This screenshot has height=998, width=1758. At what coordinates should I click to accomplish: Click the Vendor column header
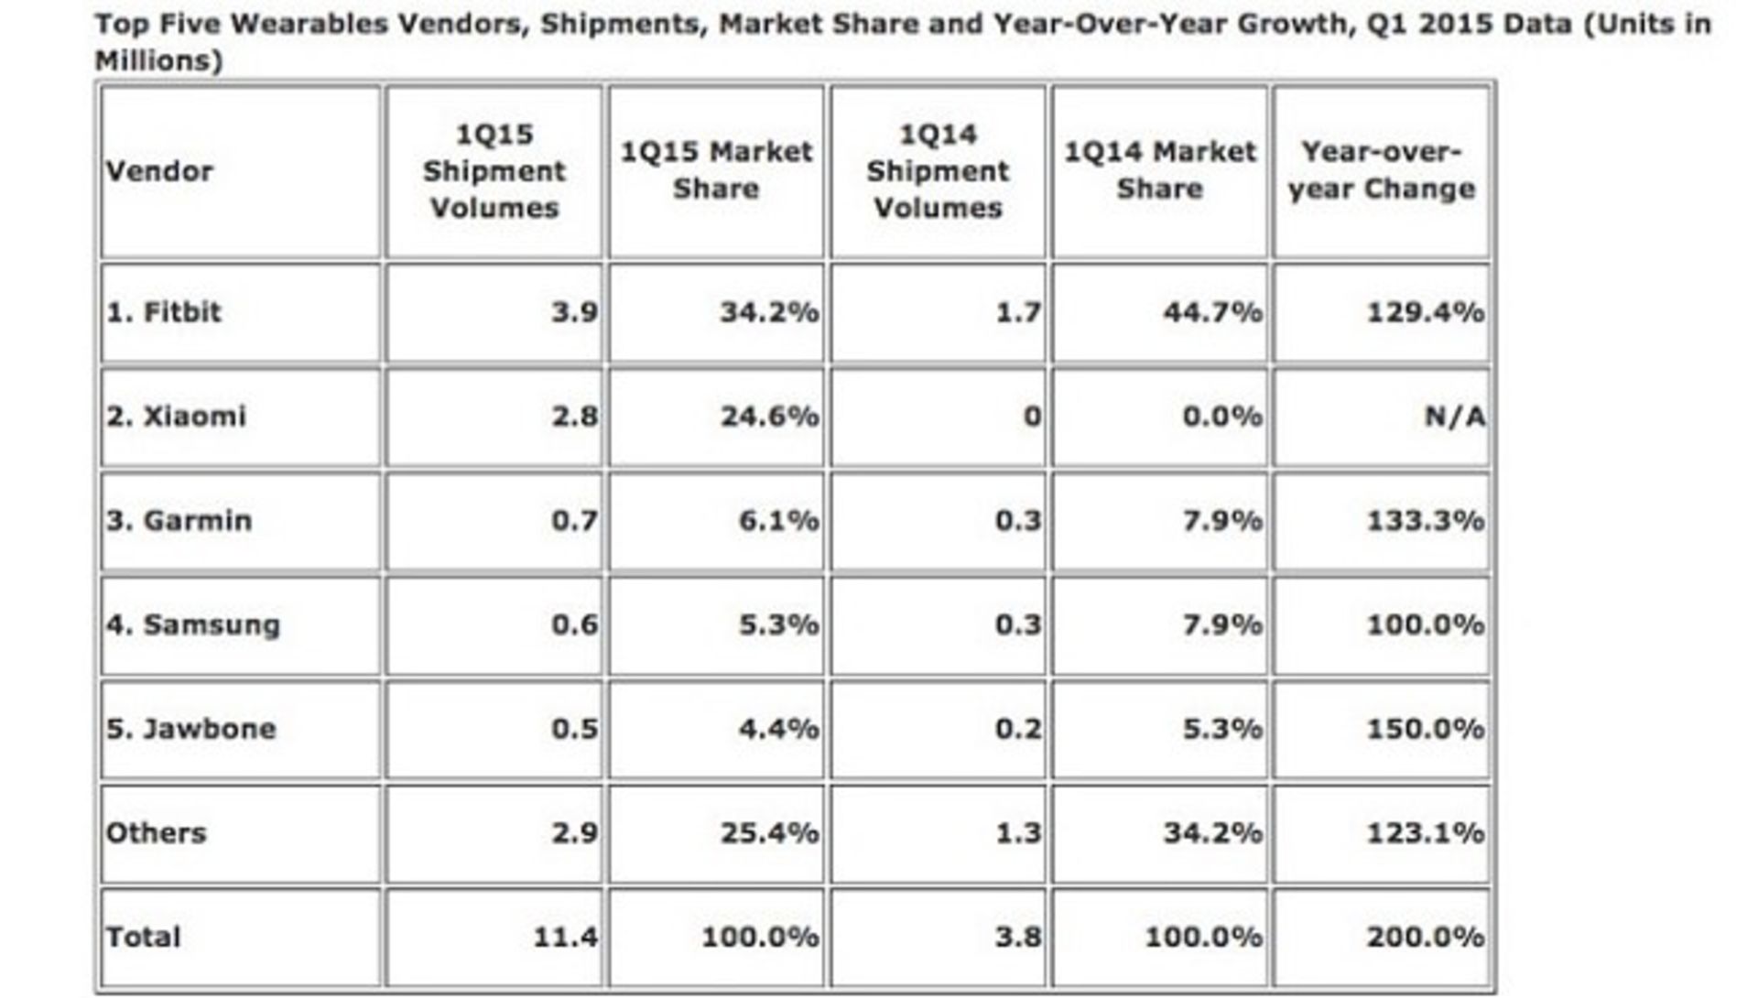pyautogui.click(x=159, y=171)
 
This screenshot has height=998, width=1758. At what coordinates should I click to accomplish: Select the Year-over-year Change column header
pyautogui.click(x=1381, y=170)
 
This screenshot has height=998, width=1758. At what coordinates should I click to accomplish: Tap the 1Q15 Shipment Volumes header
pyautogui.click(x=494, y=171)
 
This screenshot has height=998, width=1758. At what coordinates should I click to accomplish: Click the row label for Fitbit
pyautogui.click(x=164, y=312)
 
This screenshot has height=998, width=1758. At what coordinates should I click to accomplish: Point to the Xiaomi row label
pyautogui.click(x=176, y=417)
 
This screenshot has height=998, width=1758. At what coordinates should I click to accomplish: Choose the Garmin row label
pyautogui.click(x=179, y=521)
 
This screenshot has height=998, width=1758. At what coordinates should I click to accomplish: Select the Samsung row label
pyautogui.click(x=192, y=625)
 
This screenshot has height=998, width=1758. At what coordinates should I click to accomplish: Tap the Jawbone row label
pyautogui.click(x=190, y=729)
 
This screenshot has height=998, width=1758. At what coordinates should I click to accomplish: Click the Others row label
pyautogui.click(x=156, y=833)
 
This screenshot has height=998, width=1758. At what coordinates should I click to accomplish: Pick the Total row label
pyautogui.click(x=143, y=937)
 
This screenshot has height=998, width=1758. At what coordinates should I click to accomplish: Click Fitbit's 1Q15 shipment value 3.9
pyautogui.click(x=574, y=312)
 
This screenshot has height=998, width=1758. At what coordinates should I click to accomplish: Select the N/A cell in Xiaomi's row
pyautogui.click(x=1454, y=417)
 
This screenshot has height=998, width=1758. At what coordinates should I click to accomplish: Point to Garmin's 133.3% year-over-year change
pyautogui.click(x=1425, y=521)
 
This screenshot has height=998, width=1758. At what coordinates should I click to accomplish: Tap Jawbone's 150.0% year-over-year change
pyautogui.click(x=1425, y=729)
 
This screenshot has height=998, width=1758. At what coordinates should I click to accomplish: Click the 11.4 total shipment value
pyautogui.click(x=565, y=937)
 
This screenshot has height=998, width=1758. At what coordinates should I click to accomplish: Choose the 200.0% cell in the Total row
pyautogui.click(x=1425, y=937)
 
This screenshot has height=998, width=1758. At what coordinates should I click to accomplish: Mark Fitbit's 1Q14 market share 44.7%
pyautogui.click(x=1212, y=312)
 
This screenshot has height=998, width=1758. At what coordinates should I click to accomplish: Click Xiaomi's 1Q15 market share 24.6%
pyautogui.click(x=769, y=417)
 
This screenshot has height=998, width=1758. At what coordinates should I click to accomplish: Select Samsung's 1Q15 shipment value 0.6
pyautogui.click(x=574, y=625)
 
